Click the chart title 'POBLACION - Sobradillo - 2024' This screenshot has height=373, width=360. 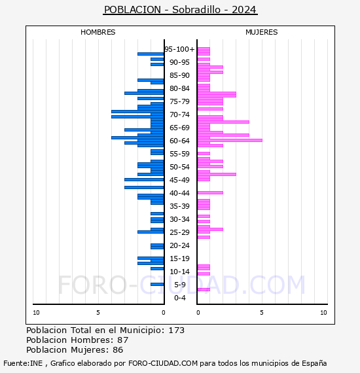(x=180, y=10)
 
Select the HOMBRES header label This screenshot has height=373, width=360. (x=98, y=32)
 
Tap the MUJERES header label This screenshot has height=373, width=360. (x=262, y=32)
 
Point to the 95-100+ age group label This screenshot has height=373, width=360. (x=180, y=49)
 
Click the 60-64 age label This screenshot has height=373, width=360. (x=179, y=141)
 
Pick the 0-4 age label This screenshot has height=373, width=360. (x=179, y=298)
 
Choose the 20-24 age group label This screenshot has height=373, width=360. (x=179, y=245)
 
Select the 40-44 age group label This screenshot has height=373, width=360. (x=179, y=193)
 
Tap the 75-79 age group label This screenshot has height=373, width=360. (x=179, y=101)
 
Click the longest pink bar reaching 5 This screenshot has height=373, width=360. (x=230, y=140)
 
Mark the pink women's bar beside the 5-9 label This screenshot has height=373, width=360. (x=204, y=289)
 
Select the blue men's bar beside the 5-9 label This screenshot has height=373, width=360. (x=157, y=284)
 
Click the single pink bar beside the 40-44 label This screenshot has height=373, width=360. (x=210, y=192)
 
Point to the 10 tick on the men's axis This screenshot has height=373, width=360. (x=36, y=313)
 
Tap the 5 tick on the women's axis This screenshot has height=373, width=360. (x=262, y=313)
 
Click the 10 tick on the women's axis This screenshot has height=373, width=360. (x=323, y=313)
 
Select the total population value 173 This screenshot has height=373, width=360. (x=176, y=330)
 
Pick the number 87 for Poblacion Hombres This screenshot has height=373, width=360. (x=123, y=340)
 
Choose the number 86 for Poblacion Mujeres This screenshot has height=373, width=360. (x=118, y=350)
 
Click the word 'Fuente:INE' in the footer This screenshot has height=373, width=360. (x=23, y=363)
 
